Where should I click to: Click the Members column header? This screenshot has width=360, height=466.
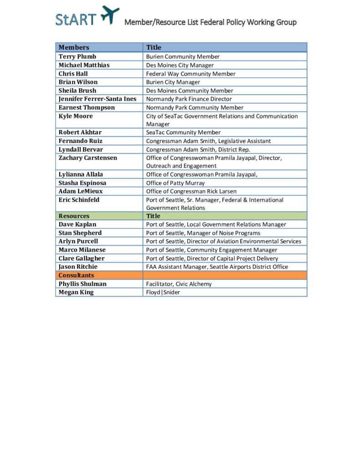tap(74, 47)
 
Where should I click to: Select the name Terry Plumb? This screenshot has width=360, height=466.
tap(77, 56)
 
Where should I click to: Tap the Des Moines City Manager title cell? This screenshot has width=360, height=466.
tap(179, 65)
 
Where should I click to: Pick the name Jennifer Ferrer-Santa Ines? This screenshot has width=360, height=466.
tap(97, 99)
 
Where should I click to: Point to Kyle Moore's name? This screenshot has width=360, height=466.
tap(76, 116)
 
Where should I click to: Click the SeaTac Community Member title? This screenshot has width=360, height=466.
tap(183, 132)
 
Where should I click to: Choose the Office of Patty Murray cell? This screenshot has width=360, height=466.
tap(175, 183)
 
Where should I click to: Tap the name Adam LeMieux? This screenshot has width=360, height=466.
tap(81, 191)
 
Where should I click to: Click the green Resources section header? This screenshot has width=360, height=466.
tap(74, 216)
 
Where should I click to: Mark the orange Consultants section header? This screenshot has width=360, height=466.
tap(76, 275)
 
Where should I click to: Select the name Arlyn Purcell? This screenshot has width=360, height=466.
tap(78, 241)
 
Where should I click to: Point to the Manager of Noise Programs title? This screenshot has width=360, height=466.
tap(203, 233)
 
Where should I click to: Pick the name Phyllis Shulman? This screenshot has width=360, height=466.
tap(82, 284)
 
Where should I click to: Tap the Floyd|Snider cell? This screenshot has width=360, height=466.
tap(163, 292)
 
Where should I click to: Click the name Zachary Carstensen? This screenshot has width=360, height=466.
tap(88, 158)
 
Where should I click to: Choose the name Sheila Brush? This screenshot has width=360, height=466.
tap(77, 91)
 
